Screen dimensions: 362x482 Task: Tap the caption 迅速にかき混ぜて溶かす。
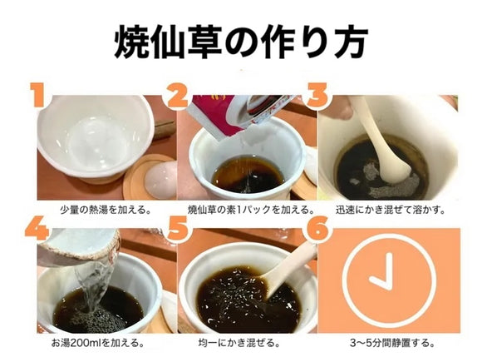388,209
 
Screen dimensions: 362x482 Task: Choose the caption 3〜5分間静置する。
388,342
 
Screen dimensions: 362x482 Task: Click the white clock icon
388,278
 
